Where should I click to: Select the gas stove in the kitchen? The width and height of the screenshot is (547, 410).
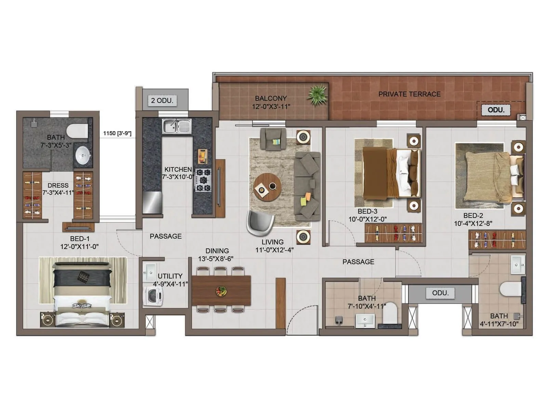point(203,180)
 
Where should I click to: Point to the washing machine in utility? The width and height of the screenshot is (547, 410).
point(153,296)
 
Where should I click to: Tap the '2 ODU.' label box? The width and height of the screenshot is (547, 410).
point(162,100)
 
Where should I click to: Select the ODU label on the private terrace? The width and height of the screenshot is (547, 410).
point(496,110)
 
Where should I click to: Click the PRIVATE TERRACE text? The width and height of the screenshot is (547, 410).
point(409,94)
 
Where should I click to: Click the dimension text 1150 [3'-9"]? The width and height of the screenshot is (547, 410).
point(117,133)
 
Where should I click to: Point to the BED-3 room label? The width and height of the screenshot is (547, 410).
point(368,211)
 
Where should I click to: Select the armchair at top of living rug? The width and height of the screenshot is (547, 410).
point(273,139)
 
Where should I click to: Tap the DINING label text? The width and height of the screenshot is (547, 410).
point(217,251)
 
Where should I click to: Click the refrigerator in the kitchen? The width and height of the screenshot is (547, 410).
point(152,202)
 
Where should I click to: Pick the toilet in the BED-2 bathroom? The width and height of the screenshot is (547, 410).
point(510,289)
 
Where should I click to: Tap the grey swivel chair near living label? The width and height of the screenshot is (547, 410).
point(261,222)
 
